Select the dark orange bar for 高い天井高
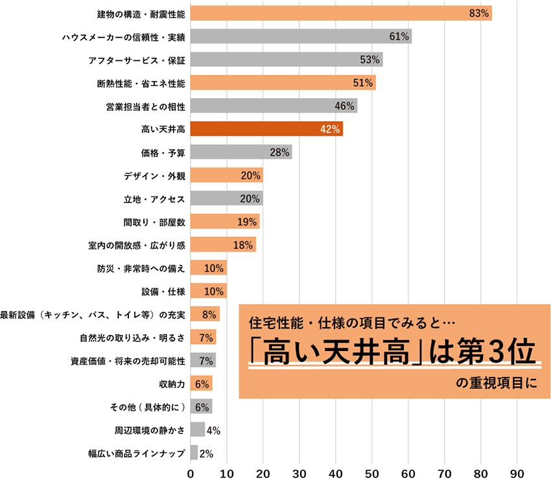coord(266,129)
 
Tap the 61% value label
coord(399,36)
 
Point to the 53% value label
coord(369,60)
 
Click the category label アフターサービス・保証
coord(137,60)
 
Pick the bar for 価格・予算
coord(240,152)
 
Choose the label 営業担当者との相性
coord(146,106)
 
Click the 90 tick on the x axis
coord(517,472)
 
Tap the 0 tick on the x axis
coord(190,472)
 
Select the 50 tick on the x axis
coord(371,472)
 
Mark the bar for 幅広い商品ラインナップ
coord(194,453)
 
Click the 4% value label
coord(213,430)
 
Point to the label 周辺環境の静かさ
coord(150,430)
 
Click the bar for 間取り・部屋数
coord(224,222)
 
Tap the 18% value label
coord(242,245)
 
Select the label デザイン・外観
coord(155,176)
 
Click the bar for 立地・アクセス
coord(226,198)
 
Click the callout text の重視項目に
coord(497,382)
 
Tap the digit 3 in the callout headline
coord(493,352)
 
